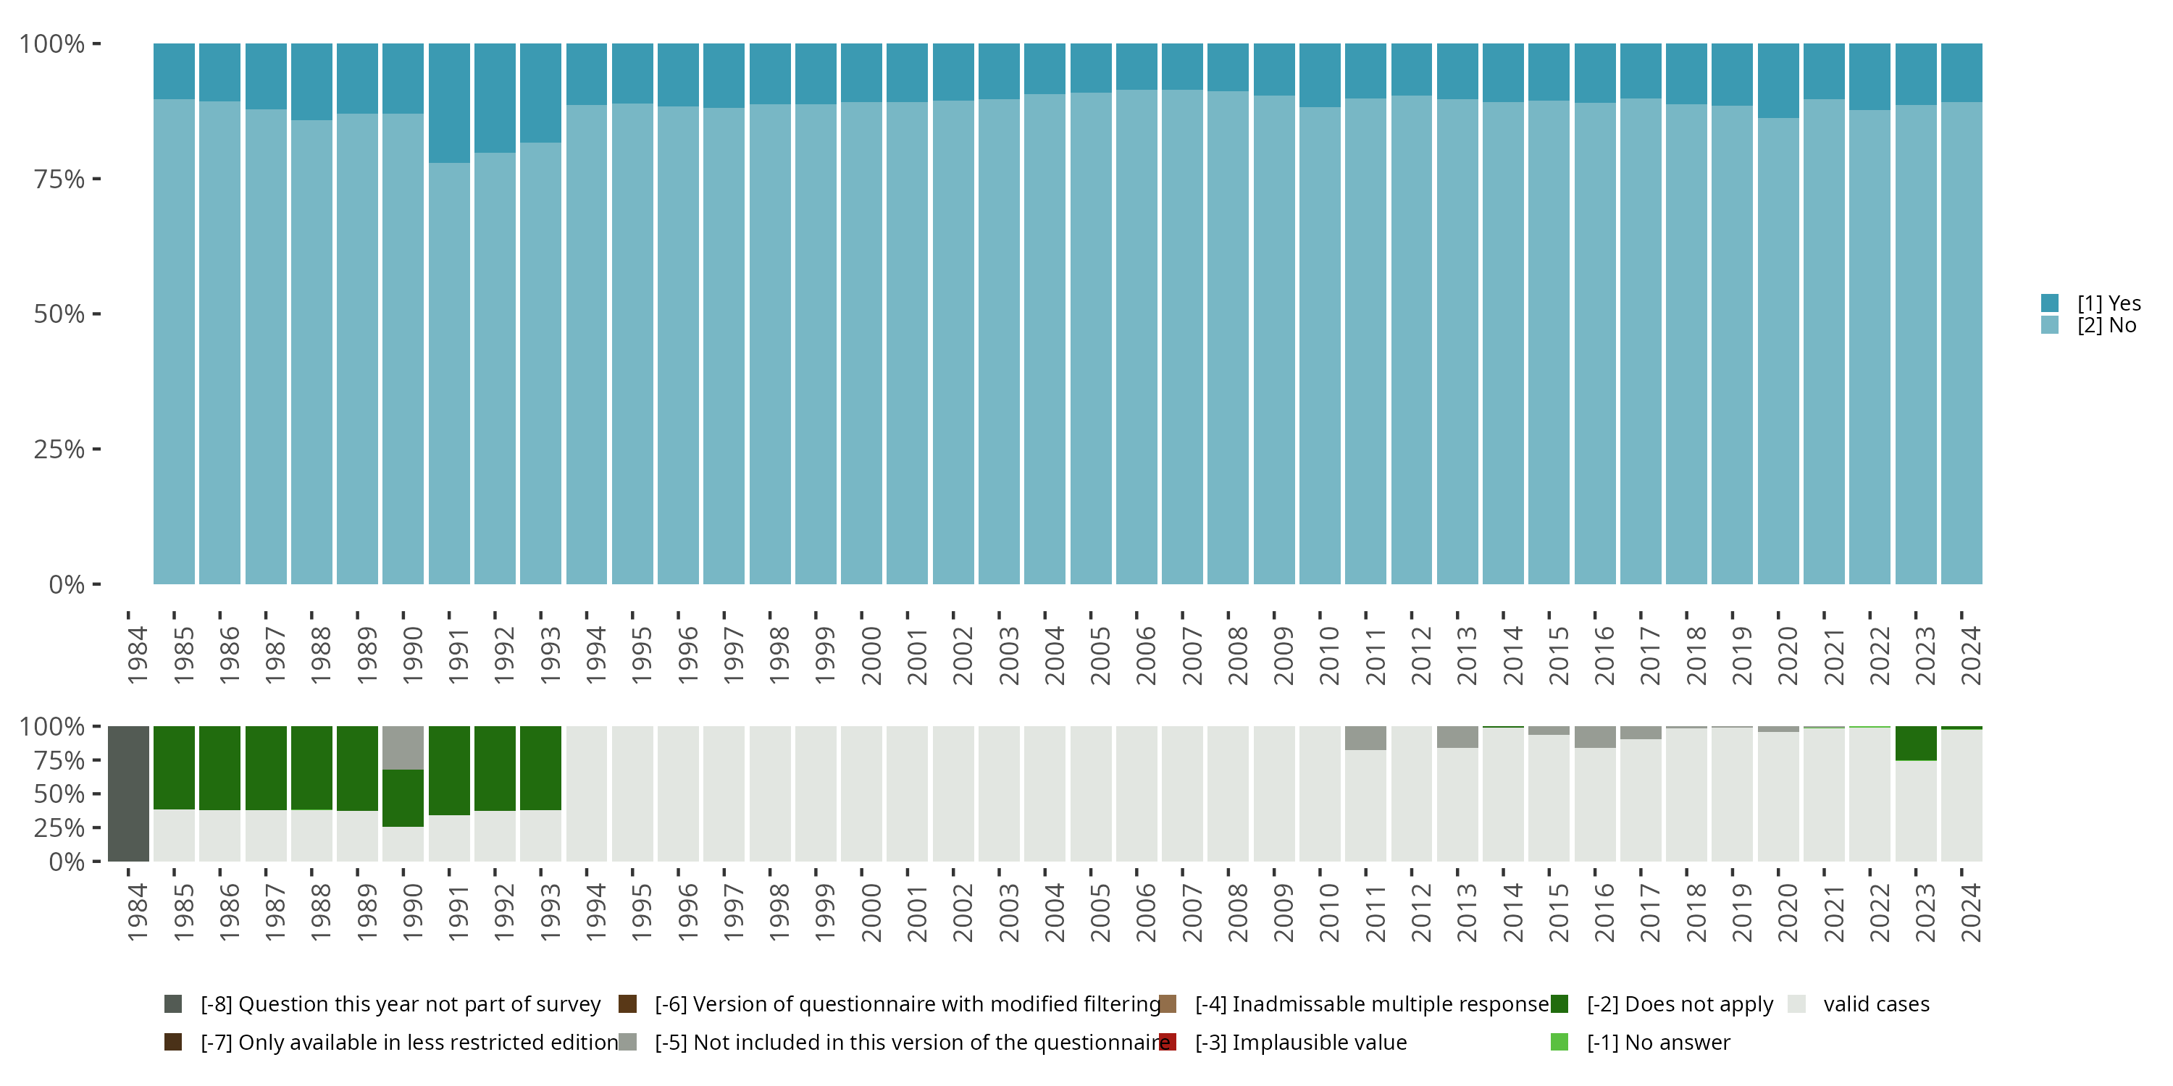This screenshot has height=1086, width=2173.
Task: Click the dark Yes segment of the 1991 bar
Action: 449,103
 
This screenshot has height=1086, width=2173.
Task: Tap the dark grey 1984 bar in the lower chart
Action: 128,794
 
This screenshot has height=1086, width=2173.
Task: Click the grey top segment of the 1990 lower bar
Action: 403,748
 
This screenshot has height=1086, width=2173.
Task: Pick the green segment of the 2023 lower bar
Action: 1916,744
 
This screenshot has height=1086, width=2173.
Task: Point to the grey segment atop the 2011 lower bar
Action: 1365,738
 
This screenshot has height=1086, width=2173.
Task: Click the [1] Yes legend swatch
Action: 2050,303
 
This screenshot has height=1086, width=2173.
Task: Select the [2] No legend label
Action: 2106,326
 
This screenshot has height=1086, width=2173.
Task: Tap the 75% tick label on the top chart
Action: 59,179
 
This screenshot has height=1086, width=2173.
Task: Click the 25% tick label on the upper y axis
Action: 59,449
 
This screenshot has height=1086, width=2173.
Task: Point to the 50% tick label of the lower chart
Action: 59,794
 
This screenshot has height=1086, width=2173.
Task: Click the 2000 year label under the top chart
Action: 871,656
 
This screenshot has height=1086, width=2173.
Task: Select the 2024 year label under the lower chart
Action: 1970,913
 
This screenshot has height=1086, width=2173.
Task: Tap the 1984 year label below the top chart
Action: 138,656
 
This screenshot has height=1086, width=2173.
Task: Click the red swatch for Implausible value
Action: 1168,1042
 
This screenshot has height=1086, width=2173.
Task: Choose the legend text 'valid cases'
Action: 1876,1004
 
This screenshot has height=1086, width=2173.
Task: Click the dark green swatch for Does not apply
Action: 1559,1004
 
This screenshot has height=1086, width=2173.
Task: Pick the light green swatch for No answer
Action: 1559,1042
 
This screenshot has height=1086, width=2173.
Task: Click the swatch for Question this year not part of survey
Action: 173,1004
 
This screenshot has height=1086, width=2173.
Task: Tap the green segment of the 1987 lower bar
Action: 266,768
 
